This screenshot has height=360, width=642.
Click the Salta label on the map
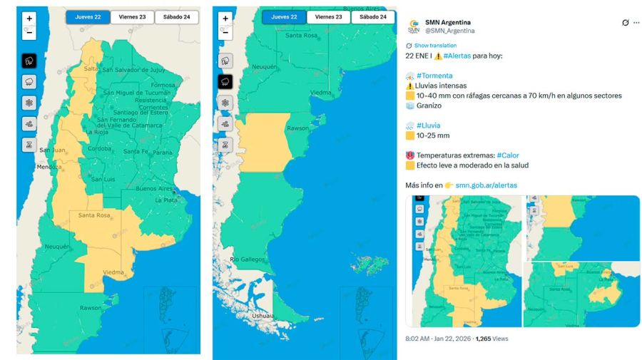tap(91, 68)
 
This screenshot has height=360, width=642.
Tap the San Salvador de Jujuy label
tap(134, 70)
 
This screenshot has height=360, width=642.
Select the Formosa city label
tap(163, 85)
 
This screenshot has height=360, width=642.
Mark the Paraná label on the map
tap(163, 152)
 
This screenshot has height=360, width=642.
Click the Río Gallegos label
tap(248, 259)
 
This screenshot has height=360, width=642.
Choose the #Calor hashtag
tap(509, 155)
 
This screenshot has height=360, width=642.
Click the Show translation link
tap(435, 45)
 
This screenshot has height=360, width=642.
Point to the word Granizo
tap(429, 106)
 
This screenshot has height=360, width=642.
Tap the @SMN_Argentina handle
tap(450, 31)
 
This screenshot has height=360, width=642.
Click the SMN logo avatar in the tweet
tap(414, 26)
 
